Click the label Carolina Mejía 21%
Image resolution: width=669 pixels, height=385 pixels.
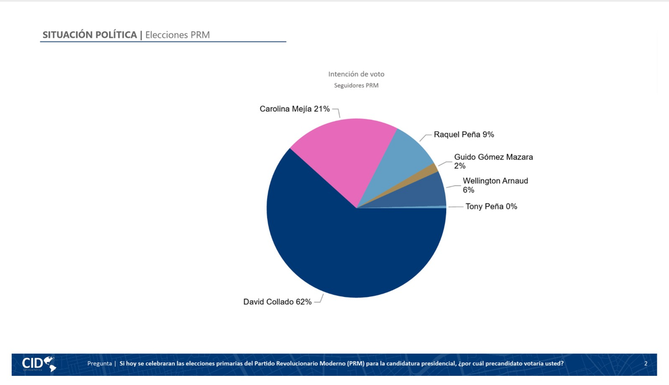pos(295,109)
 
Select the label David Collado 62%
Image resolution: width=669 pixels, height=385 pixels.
pos(277,302)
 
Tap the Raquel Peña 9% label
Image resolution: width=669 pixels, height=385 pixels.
pos(464,134)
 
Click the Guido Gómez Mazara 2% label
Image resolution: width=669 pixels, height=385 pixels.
pos(493,161)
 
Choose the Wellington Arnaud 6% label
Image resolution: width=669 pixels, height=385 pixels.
pos(495,185)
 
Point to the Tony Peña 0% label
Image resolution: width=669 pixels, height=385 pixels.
pos(491,206)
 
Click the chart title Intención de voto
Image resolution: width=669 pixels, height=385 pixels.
pos(356,74)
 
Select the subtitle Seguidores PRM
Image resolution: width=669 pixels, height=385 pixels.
pos(356,85)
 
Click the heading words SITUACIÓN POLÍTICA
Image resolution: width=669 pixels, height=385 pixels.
pos(90,35)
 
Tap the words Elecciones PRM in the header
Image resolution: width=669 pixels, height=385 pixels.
pos(178,35)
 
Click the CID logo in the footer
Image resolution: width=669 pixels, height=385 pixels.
pos(39,364)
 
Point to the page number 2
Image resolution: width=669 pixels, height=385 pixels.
pos(645,363)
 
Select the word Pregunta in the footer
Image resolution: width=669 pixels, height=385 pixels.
pos(99,363)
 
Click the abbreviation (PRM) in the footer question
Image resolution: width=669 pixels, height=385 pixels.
pos(355,363)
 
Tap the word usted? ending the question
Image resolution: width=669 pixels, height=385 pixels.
pos(554,363)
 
